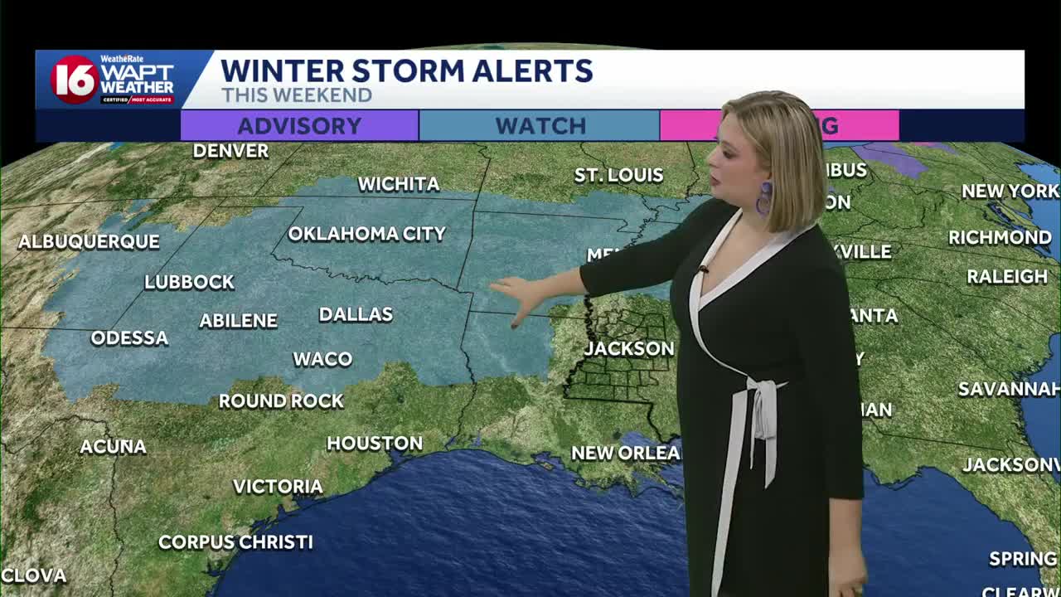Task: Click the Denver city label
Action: pyautogui.click(x=230, y=151)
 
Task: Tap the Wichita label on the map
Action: pyautogui.click(x=398, y=184)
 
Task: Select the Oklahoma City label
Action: pyautogui.click(x=366, y=234)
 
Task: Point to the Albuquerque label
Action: pyautogui.click(x=89, y=242)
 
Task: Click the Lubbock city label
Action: pyautogui.click(x=189, y=282)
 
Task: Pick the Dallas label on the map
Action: pyautogui.click(x=356, y=314)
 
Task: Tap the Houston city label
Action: pyautogui.click(x=375, y=444)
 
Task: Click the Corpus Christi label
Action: pyautogui.click(x=235, y=542)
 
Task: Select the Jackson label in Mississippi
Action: pyautogui.click(x=628, y=348)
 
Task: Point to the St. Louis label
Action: pyautogui.click(x=619, y=175)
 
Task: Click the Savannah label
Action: pyautogui.click(x=1009, y=389)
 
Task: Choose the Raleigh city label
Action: pyautogui.click(x=1007, y=277)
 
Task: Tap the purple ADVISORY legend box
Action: pyautogui.click(x=299, y=126)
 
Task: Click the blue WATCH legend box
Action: pyautogui.click(x=540, y=126)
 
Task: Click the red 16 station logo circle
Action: pyautogui.click(x=75, y=80)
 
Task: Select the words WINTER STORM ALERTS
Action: pyautogui.click(x=406, y=70)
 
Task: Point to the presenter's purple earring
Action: pyautogui.click(x=764, y=199)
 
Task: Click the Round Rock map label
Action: pyautogui.click(x=281, y=401)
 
